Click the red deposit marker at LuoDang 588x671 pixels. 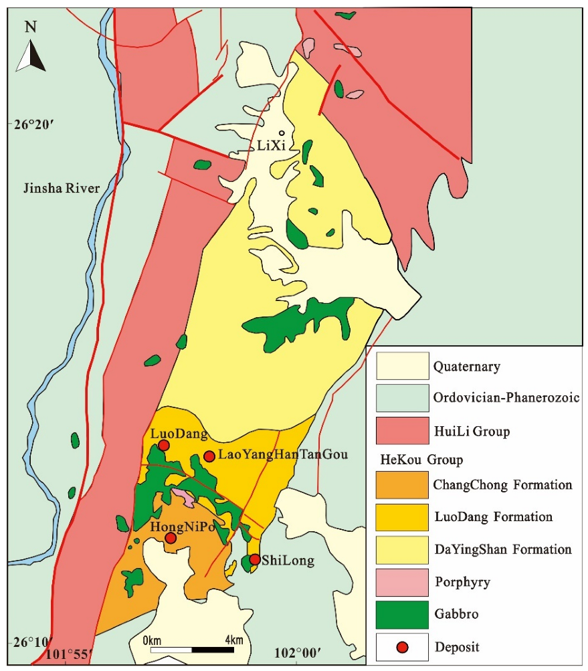(x=164, y=446)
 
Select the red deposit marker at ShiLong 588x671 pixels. (x=254, y=559)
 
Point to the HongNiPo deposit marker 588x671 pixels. (x=171, y=537)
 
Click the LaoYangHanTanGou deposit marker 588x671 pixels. (x=209, y=456)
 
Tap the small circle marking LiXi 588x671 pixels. (x=282, y=133)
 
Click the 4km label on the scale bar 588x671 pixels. (x=233, y=640)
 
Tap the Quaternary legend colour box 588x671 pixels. (x=402, y=366)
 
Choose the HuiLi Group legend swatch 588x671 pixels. (x=402, y=432)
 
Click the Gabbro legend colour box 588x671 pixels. (x=402, y=614)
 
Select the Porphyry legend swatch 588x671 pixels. (x=402, y=582)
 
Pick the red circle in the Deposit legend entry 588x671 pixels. (x=402, y=647)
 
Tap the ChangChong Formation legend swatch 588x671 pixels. (x=402, y=485)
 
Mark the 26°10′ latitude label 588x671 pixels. (x=27, y=642)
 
